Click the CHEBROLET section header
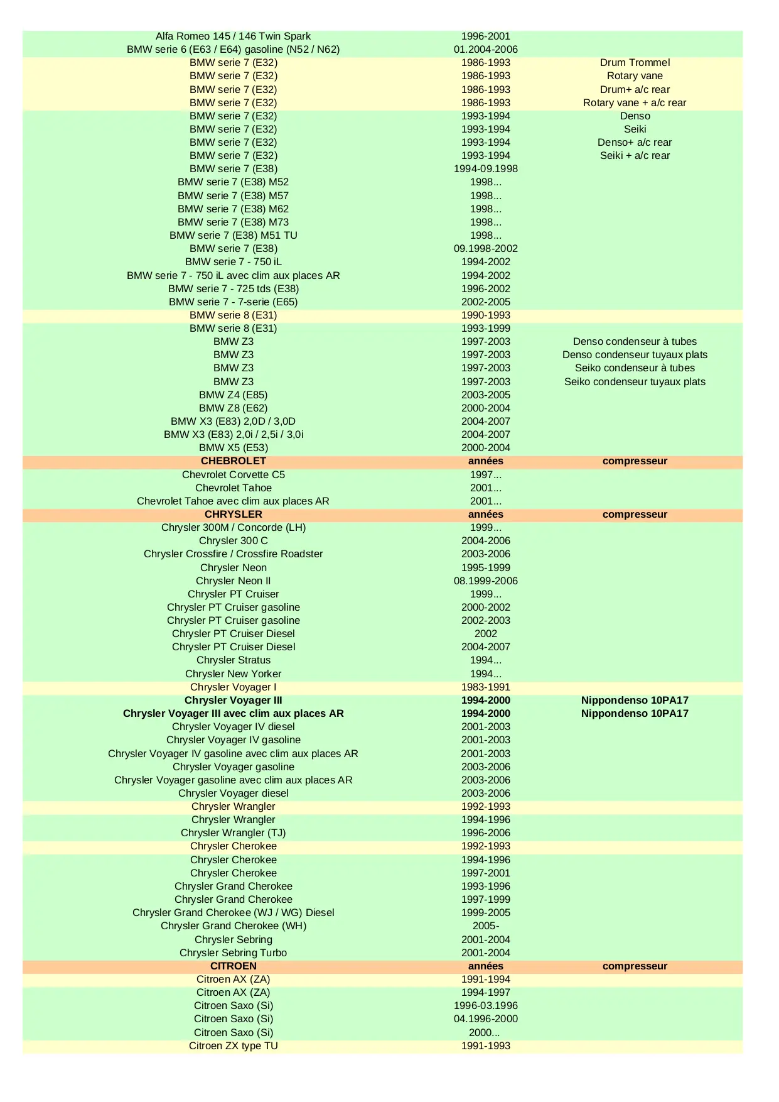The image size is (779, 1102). [x=233, y=461]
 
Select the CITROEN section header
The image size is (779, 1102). [x=233, y=966]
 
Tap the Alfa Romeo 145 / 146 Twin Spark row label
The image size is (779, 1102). [x=233, y=36]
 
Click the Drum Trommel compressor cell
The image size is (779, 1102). [x=635, y=63]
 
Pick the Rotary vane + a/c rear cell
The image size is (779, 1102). [x=635, y=103]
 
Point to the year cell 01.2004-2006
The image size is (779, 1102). [x=485, y=50]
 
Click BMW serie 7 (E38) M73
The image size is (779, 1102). [x=233, y=222]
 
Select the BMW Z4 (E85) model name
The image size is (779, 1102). [x=233, y=395]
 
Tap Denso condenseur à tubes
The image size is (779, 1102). [x=635, y=342]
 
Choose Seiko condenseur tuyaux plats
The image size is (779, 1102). [x=635, y=382]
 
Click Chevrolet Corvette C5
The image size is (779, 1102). [x=233, y=475]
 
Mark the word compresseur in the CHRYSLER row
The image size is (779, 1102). [x=635, y=515]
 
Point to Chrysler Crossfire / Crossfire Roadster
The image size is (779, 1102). [x=233, y=554]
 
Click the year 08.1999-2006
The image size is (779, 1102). [x=485, y=581]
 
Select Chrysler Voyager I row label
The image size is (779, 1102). [x=233, y=687]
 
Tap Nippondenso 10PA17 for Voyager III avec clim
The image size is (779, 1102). [x=635, y=714]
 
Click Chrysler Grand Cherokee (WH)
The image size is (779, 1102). [x=233, y=926]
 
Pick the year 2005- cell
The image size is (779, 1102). [x=485, y=926]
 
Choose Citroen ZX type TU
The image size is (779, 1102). [x=233, y=1046]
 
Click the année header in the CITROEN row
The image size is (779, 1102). [x=485, y=966]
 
